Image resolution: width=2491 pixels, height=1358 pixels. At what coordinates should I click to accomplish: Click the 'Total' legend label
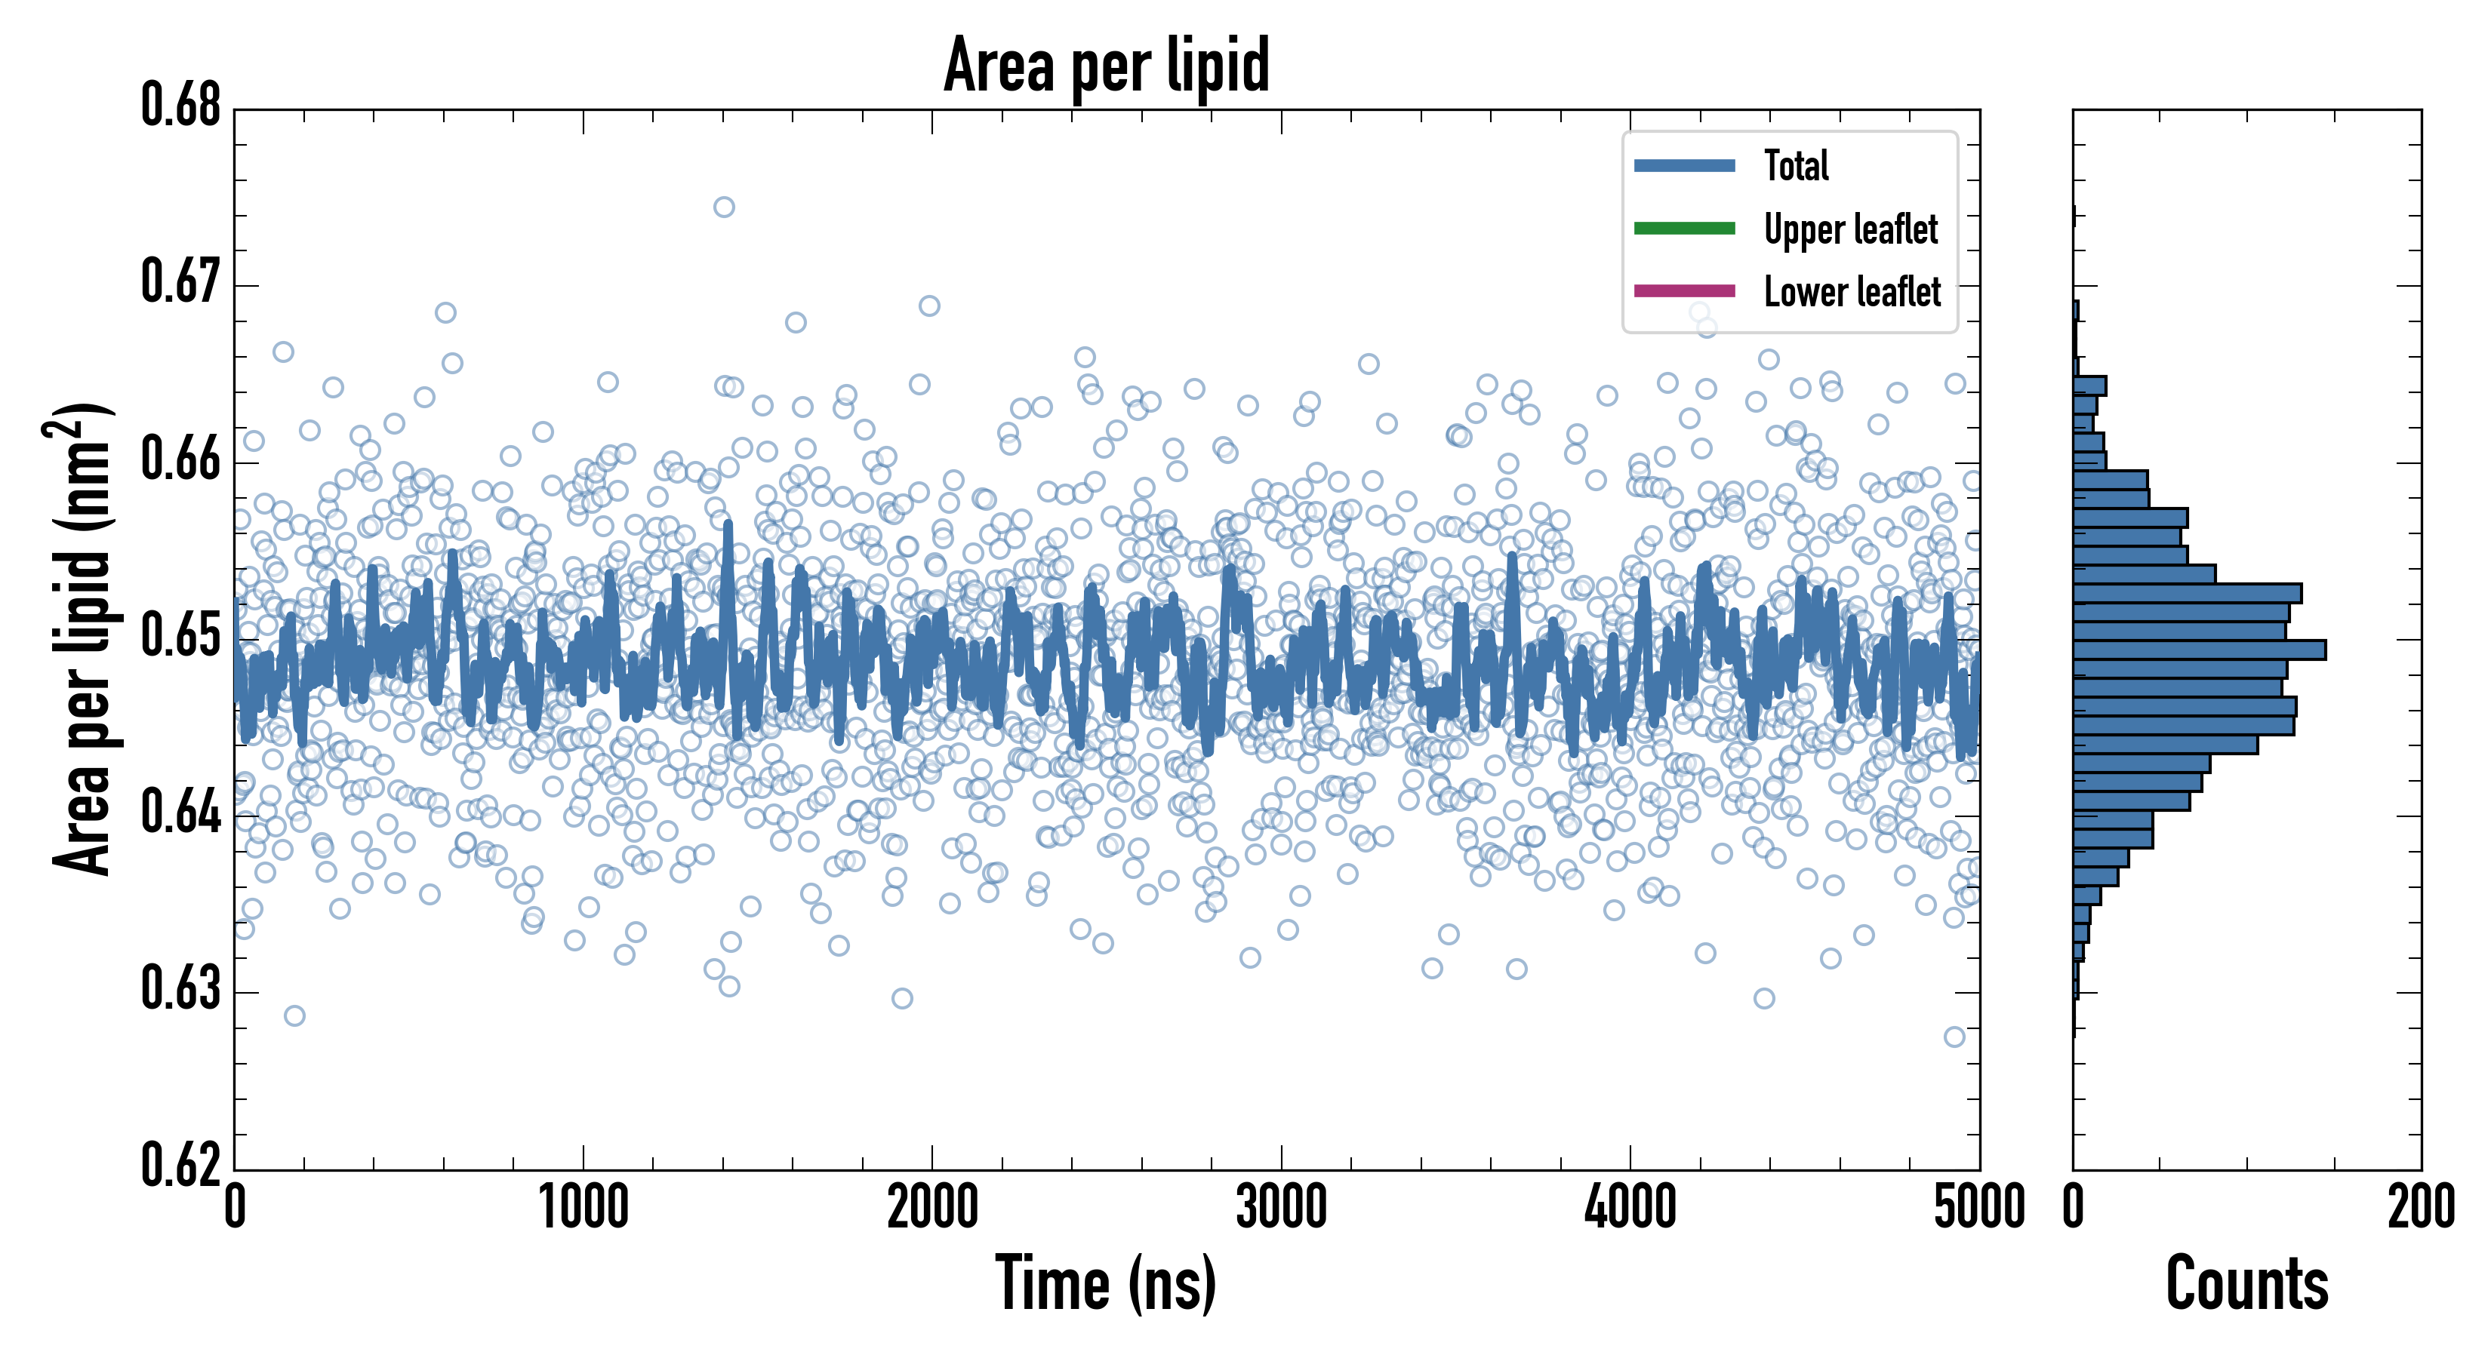pos(1796,165)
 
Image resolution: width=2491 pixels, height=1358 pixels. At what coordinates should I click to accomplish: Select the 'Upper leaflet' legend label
pos(1850,229)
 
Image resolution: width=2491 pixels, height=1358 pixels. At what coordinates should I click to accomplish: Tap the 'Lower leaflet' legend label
pos(1852,291)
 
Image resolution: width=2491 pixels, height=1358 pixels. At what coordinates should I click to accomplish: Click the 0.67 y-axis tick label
pos(181,282)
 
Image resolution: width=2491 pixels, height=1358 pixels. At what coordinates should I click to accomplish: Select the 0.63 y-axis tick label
pos(181,989)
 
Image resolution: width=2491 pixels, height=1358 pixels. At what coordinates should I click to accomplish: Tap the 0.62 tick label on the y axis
pos(181,1165)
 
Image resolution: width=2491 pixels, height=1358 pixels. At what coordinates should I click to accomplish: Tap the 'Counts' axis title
pos(2246,1283)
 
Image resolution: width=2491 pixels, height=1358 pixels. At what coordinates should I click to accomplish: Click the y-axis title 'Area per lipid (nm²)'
pos(82,638)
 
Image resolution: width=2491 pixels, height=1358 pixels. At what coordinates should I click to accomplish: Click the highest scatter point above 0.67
pos(723,207)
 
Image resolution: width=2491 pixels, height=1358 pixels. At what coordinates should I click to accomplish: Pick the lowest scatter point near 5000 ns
pos(1954,1036)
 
